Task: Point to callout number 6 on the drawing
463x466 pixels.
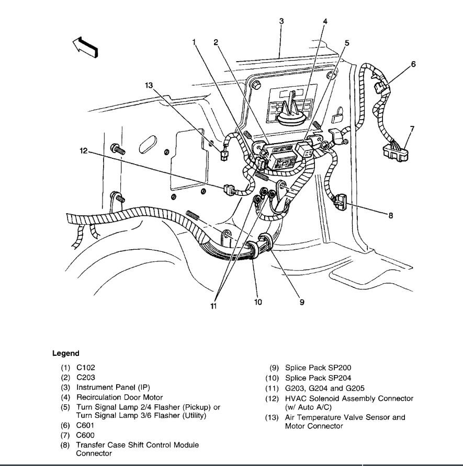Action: tap(413, 64)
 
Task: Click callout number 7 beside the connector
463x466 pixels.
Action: tap(412, 128)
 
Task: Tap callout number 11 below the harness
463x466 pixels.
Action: tap(213, 306)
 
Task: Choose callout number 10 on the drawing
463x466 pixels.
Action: tap(258, 302)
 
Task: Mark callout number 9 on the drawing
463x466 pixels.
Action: tap(302, 302)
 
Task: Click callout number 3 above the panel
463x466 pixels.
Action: tap(281, 21)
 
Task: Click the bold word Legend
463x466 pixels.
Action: tap(66, 354)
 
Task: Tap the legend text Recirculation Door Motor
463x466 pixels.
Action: tap(120, 398)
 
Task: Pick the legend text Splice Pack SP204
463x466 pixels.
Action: tap(319, 378)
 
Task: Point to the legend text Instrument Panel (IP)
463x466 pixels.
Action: tap(113, 388)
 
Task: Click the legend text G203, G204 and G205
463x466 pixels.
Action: tap(325, 388)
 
